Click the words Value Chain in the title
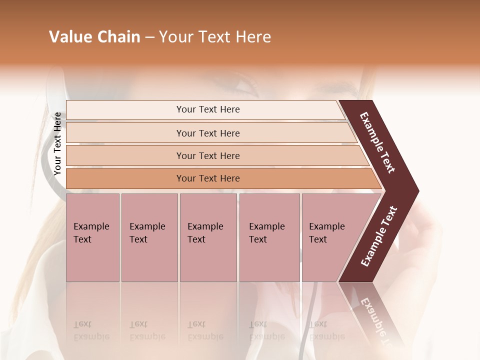coord(94,37)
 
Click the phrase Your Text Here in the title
coord(215,37)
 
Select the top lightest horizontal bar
coord(208,109)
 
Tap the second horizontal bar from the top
coord(208,133)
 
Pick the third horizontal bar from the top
coord(208,155)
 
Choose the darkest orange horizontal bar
coord(208,178)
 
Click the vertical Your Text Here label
coord(57,143)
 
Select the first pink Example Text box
coord(92,237)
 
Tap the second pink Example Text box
coord(149,237)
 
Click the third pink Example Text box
coord(208,237)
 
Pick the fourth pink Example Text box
coord(269,237)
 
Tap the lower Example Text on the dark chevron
coord(379,236)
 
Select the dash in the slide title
coord(149,37)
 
